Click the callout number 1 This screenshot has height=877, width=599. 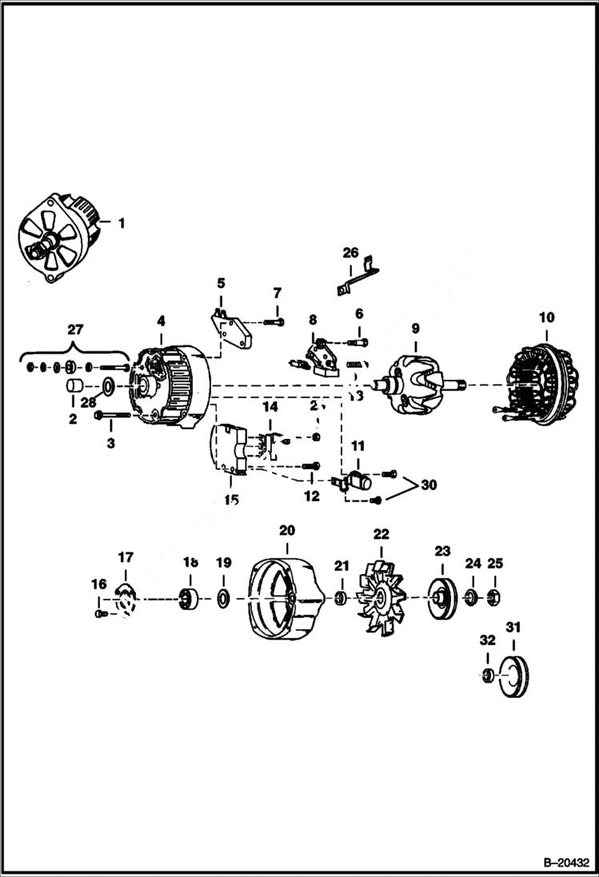pyautogui.click(x=122, y=223)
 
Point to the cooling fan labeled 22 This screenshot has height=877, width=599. pyautogui.click(x=380, y=596)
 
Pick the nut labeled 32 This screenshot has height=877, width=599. pyautogui.click(x=485, y=676)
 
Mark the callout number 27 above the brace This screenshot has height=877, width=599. pyautogui.click(x=75, y=329)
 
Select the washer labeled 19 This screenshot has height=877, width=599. pyautogui.click(x=223, y=597)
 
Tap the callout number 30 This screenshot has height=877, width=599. pyautogui.click(x=429, y=484)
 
